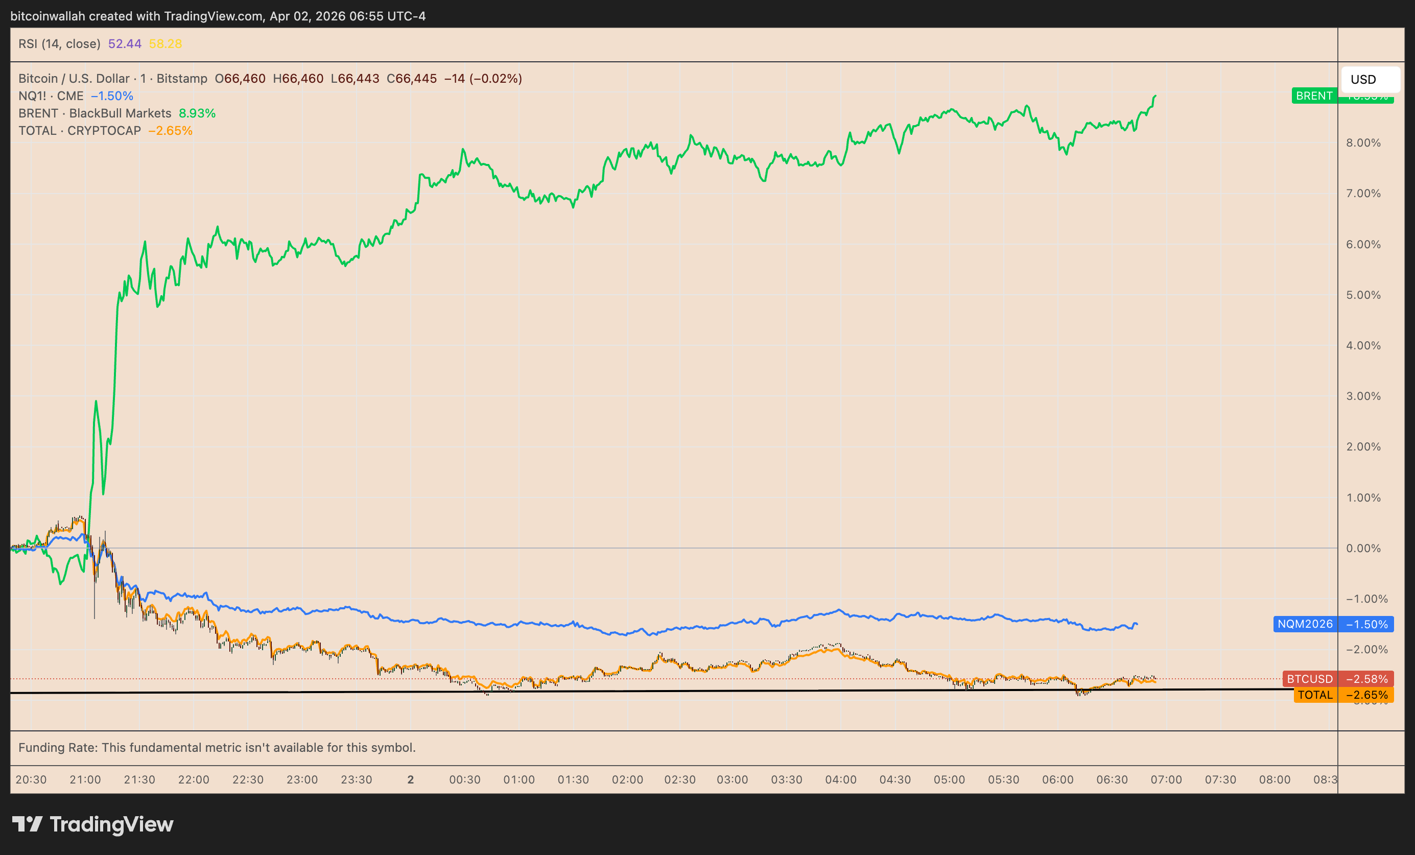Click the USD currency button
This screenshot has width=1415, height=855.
point(1369,79)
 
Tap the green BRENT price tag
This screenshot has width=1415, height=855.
point(1314,96)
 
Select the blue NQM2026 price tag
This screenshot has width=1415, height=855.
point(1305,624)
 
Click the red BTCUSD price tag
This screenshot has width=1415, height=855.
point(1309,679)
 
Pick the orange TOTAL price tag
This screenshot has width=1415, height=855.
point(1315,695)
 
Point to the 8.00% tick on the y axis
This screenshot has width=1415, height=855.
point(1363,143)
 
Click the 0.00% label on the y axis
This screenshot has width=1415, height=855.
point(1363,549)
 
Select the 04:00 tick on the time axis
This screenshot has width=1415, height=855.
point(841,780)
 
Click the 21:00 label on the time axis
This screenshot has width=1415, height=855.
point(85,780)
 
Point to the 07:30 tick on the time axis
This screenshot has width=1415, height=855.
point(1220,780)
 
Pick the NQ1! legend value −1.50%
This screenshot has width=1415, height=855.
point(112,96)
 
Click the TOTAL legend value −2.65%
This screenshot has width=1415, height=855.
point(171,131)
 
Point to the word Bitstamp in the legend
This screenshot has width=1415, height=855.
point(182,79)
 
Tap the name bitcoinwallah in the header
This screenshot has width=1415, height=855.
point(48,16)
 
